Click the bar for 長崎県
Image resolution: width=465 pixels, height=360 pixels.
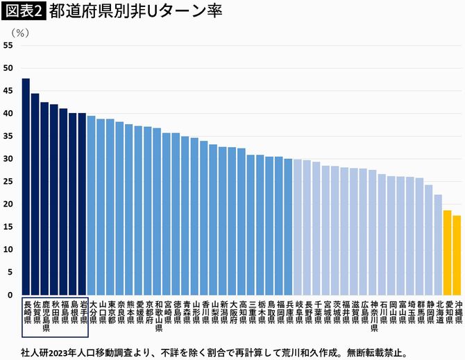tap(26, 187)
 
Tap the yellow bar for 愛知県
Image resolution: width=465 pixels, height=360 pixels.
tap(447, 252)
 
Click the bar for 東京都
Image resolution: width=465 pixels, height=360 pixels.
tap(110, 207)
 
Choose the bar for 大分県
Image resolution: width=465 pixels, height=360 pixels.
tap(92, 205)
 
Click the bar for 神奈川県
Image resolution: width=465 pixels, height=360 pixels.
tap(373, 232)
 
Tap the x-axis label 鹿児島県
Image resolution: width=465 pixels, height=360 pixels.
tap(45, 318)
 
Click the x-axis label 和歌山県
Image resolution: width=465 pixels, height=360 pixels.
tap(157, 318)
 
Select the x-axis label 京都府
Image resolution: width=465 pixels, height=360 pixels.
tap(148, 313)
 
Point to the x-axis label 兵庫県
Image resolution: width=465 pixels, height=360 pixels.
tap(288, 313)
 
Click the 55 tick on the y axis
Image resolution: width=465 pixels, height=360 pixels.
tap(8, 45)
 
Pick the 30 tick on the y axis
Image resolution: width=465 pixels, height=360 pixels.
tap(8, 159)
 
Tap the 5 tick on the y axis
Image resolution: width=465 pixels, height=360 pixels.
tap(10, 272)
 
